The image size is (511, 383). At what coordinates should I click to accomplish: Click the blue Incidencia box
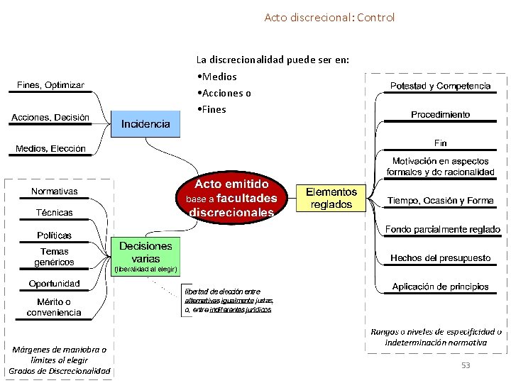click(x=146, y=124)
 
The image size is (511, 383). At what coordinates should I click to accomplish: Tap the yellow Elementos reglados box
click(x=331, y=198)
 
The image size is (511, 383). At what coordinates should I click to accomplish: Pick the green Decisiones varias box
click(x=145, y=252)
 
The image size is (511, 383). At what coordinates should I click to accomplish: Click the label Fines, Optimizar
click(x=50, y=85)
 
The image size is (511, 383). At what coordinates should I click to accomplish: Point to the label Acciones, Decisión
click(x=50, y=117)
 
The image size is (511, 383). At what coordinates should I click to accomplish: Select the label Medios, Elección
click(x=50, y=149)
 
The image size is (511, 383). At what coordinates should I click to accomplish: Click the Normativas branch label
click(x=55, y=191)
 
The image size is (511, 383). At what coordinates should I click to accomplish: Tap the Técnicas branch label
click(x=55, y=213)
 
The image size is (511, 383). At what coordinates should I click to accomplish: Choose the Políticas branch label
click(x=55, y=235)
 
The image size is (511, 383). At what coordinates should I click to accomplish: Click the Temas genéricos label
click(x=55, y=257)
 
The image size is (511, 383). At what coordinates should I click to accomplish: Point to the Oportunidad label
click(x=55, y=284)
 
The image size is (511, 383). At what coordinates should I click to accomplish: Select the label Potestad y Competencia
click(x=440, y=86)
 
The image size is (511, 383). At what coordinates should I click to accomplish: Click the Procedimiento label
click(x=440, y=114)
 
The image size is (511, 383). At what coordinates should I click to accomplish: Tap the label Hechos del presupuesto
click(x=440, y=257)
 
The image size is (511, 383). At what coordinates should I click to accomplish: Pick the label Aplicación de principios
click(x=440, y=287)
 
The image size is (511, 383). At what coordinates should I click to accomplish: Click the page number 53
click(x=466, y=365)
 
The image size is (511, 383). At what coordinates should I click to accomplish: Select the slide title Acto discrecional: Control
click(x=329, y=17)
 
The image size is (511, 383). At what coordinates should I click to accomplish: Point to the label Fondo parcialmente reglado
click(x=443, y=230)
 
